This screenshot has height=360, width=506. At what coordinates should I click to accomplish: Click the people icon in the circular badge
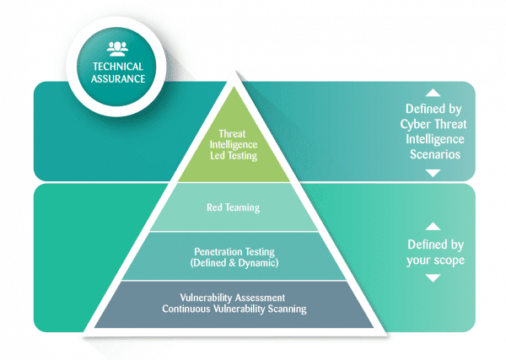[x=117, y=49]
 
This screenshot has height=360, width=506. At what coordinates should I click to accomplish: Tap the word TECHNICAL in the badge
[x=118, y=67]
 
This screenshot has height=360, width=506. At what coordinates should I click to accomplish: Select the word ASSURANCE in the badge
[x=118, y=78]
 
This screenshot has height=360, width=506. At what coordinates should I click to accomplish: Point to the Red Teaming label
[x=234, y=207]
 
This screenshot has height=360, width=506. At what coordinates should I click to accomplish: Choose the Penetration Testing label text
[x=234, y=251]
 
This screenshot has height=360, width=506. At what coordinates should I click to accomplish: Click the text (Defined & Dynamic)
[x=234, y=263]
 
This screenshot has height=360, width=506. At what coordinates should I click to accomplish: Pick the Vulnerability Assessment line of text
[x=233, y=297]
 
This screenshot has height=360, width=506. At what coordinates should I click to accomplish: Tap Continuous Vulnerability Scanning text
[x=234, y=309]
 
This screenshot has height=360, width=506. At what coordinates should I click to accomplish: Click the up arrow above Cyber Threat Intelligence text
[x=433, y=94]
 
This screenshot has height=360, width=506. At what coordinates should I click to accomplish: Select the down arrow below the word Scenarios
[x=433, y=173]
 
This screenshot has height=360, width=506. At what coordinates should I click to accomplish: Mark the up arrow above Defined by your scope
[x=433, y=226]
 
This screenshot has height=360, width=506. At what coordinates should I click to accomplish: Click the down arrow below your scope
[x=433, y=277]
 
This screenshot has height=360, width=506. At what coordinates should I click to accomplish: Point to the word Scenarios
[x=435, y=154]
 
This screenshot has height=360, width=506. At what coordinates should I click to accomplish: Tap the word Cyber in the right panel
[x=416, y=125]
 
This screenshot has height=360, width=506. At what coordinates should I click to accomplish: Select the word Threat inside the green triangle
[x=232, y=133]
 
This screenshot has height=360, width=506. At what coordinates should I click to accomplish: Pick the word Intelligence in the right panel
[x=435, y=139]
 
